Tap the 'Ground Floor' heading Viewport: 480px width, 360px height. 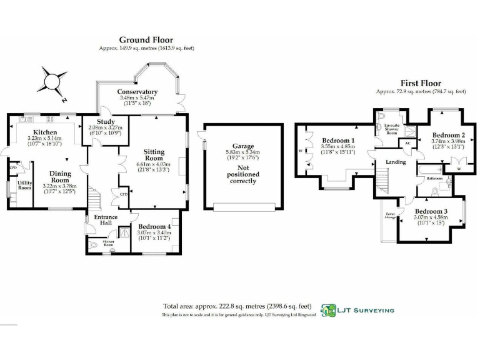click(146, 40)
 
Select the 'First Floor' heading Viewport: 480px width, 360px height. click(421, 83)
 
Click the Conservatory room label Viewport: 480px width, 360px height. click(137, 92)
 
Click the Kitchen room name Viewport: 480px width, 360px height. click(45, 132)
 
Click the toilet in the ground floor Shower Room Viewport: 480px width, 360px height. click(93, 246)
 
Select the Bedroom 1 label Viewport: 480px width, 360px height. click(338, 141)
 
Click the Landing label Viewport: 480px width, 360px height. click(396, 162)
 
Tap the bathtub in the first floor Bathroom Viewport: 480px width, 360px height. click(432, 169)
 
